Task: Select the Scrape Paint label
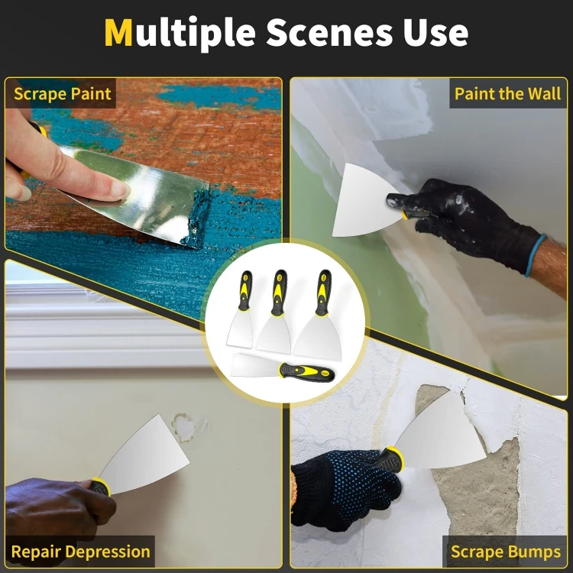[x=63, y=95]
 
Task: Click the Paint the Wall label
[x=507, y=95]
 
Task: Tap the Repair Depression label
[x=80, y=551]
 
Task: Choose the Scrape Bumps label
[x=506, y=552]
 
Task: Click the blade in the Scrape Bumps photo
[x=439, y=428]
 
